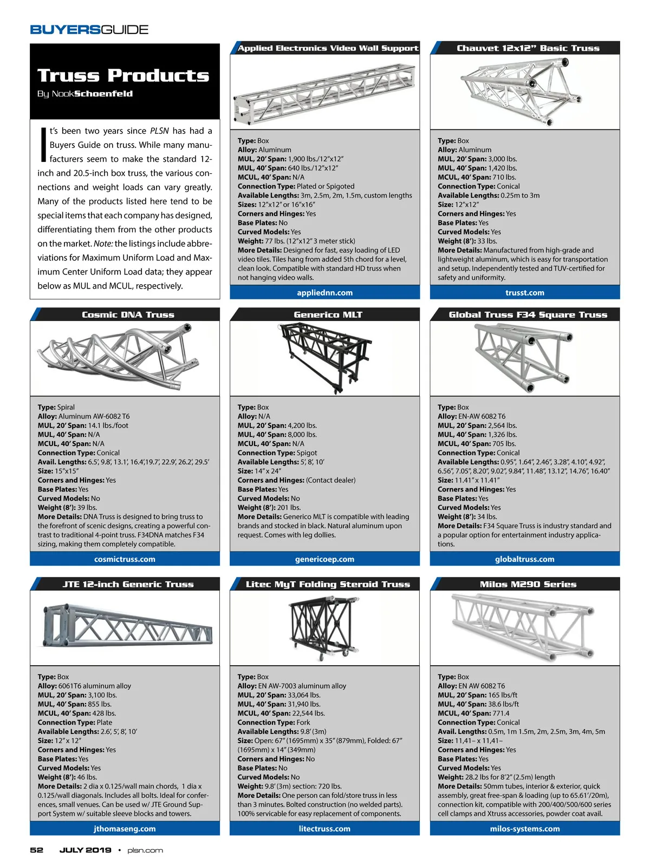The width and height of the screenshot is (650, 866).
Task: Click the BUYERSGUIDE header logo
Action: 89,30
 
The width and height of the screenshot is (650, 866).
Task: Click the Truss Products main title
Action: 123,75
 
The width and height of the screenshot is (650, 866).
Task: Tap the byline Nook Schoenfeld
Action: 85,94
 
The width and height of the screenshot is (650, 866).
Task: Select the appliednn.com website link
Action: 324,292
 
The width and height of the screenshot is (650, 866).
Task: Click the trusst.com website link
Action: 524,292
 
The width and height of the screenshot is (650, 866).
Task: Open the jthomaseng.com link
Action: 125,829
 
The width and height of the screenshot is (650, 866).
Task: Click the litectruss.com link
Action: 324,829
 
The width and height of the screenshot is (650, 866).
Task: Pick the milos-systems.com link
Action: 524,829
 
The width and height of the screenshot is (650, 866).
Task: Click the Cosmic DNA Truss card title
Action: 128,314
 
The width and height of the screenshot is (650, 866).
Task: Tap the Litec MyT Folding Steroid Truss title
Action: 328,584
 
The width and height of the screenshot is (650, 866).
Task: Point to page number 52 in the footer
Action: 37,850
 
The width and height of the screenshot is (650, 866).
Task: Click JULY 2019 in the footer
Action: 85,850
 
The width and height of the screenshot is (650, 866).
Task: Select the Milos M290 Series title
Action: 528,584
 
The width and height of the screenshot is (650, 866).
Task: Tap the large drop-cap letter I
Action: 43,145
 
